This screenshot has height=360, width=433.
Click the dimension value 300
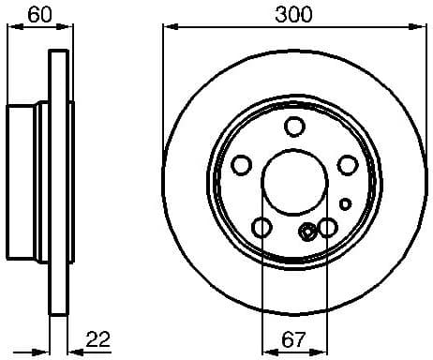[x=294, y=14]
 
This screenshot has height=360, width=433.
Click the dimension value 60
[x=38, y=14]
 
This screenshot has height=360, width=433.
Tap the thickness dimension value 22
[x=97, y=338]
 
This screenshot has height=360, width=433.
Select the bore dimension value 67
[x=293, y=338]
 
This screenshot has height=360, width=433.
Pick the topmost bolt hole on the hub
[x=294, y=128]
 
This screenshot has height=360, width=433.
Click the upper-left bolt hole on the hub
[x=242, y=165]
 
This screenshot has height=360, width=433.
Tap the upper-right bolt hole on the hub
[x=347, y=165]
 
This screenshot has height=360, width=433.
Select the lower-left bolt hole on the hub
[x=261, y=227]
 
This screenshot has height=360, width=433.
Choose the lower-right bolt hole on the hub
[x=327, y=227]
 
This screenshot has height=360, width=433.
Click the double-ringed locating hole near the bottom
[x=307, y=233]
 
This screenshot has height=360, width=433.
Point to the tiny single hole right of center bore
[x=345, y=202]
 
